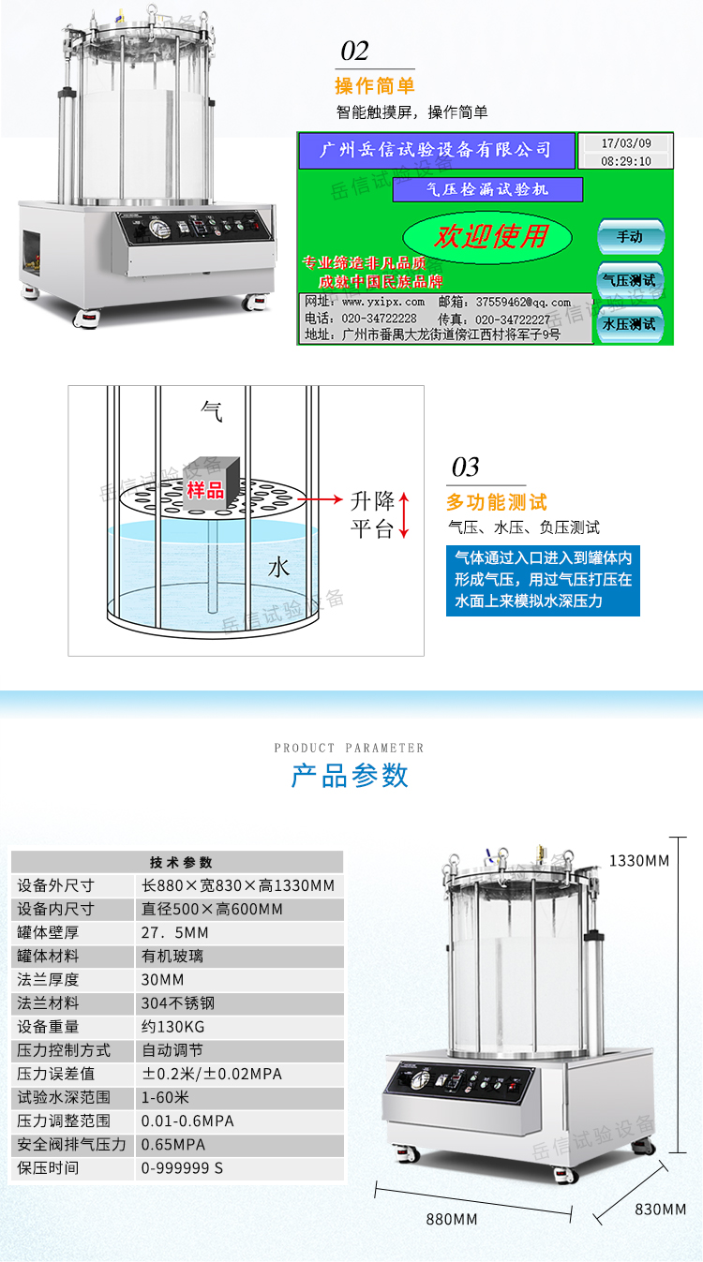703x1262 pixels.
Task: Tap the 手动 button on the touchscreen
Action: pos(630,236)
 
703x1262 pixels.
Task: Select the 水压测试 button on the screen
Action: pos(630,324)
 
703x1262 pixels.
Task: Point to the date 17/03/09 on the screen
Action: pos(625,143)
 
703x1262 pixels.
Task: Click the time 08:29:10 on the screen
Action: pos(625,161)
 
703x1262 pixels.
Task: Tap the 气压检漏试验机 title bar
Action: pos(487,189)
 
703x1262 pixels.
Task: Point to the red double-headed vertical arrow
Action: pos(404,514)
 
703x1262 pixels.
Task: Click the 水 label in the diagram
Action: pos(278,568)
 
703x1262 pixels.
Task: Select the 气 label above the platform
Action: pos(212,408)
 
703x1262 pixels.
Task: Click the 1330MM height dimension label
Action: pos(639,860)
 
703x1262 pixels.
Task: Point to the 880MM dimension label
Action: pos(452,1219)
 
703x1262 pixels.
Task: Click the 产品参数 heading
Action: pos(350,776)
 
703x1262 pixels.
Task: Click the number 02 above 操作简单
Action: pos(354,51)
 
